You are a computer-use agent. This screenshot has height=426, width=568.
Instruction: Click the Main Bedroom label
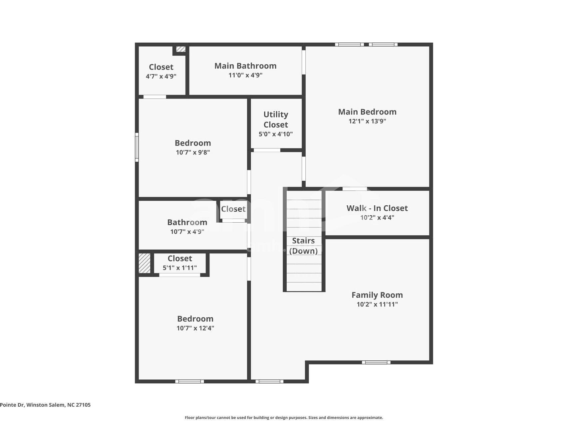point(367,112)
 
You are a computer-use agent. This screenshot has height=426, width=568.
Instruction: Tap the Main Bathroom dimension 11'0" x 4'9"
point(245,75)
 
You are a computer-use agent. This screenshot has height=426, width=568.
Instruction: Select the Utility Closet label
point(276,119)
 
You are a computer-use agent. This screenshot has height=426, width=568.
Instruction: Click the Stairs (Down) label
point(303,246)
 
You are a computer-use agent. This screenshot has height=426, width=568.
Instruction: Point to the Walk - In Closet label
point(377,208)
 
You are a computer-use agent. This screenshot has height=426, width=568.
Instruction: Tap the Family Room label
point(377,295)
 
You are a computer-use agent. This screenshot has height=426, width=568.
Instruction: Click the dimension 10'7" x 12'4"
point(195,328)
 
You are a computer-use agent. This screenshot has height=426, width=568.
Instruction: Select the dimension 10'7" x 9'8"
point(193,152)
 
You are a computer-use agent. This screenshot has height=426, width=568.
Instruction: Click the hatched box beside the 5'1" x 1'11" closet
point(144,263)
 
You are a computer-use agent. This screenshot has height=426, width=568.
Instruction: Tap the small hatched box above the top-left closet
point(180,49)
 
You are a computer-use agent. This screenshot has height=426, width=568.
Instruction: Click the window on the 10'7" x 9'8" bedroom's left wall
point(137,147)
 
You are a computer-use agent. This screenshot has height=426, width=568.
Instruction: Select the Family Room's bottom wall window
point(376,362)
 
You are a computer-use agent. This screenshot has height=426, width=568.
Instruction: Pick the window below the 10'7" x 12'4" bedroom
point(189,381)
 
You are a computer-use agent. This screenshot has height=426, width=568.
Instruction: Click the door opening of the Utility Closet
point(267,150)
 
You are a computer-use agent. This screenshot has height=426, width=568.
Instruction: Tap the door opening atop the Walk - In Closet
point(355,189)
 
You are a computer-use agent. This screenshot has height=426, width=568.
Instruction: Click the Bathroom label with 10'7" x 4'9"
point(187,222)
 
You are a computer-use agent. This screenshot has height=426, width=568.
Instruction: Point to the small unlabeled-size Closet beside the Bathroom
point(233,209)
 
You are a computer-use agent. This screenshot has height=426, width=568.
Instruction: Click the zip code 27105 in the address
point(83,405)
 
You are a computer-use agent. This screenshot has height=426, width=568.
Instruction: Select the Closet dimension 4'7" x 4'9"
point(161,77)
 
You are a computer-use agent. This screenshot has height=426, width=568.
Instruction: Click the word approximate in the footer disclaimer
point(370,418)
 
